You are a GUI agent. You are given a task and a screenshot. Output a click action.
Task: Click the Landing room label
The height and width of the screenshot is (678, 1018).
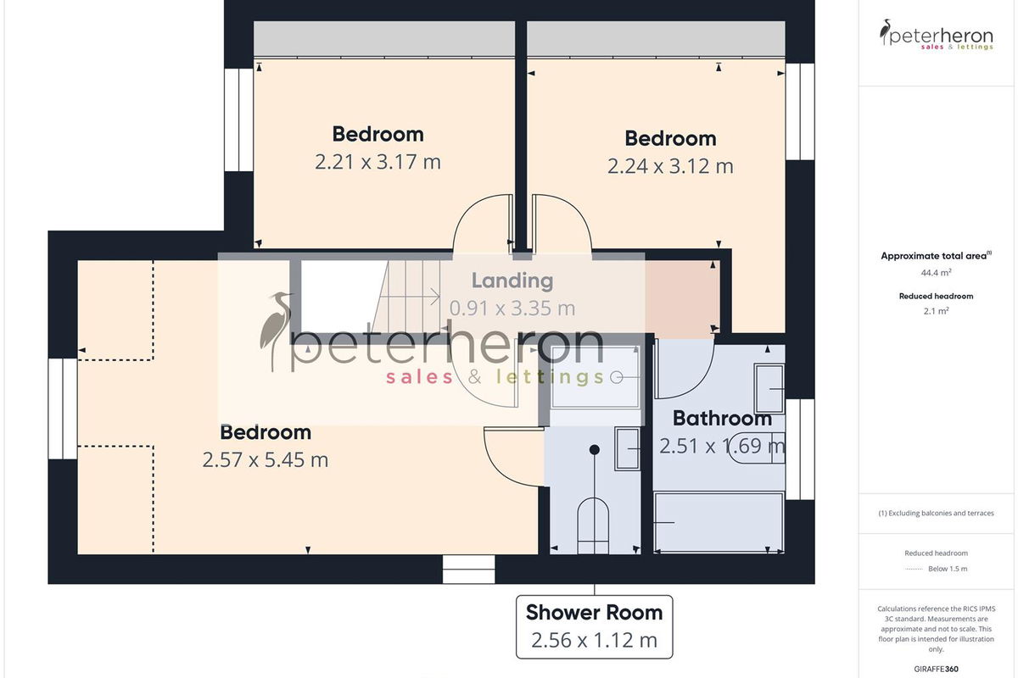click(x=512, y=281)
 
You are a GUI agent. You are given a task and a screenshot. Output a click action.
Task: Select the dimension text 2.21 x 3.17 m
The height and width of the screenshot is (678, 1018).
click(x=378, y=162)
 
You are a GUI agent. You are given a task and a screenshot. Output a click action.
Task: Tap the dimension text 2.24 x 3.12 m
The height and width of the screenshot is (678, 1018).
click(x=670, y=166)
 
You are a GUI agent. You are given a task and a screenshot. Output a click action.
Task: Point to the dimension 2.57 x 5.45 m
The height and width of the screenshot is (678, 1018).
click(x=265, y=460)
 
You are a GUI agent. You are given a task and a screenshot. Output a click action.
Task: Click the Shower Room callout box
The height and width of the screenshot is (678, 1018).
click(x=595, y=626)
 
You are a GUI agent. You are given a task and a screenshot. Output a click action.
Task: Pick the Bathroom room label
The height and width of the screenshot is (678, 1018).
click(x=722, y=419)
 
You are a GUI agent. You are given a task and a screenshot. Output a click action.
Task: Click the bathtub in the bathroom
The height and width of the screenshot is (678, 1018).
click(x=719, y=522)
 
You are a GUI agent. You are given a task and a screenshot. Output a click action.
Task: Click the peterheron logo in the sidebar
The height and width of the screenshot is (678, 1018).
click(x=937, y=35)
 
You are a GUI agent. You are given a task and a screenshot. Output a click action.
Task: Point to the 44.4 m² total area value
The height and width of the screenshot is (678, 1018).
click(x=937, y=273)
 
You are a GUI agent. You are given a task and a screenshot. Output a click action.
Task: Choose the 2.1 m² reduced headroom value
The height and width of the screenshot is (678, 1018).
click(x=937, y=311)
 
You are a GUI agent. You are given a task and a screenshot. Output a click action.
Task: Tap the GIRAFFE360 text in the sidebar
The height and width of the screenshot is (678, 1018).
click(x=937, y=669)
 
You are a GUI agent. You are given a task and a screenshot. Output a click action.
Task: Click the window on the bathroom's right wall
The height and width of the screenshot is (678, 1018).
click(x=800, y=449)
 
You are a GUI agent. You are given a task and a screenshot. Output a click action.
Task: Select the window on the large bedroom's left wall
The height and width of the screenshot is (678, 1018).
click(x=63, y=408)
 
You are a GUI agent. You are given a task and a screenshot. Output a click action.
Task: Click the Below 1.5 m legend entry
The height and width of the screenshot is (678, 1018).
click(x=948, y=569)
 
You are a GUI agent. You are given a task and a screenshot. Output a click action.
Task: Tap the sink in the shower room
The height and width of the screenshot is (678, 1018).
click(x=627, y=448)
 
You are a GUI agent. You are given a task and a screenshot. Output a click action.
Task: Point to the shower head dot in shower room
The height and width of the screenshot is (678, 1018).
click(x=594, y=449)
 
